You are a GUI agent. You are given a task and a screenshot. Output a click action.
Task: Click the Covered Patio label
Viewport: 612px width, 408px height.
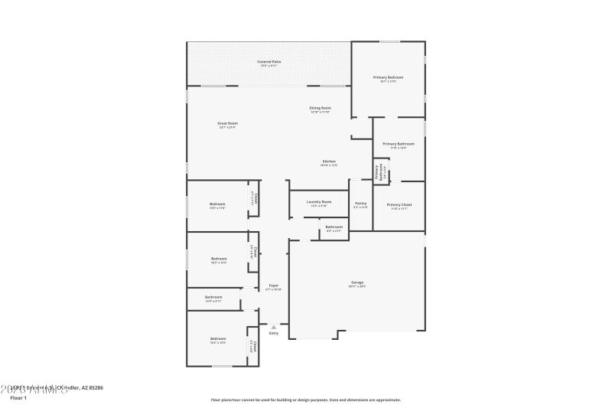click(x=269, y=61)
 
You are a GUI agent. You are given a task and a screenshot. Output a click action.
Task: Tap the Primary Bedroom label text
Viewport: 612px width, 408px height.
click(x=388, y=77)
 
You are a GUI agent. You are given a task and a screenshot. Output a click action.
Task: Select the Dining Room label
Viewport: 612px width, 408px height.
click(x=320, y=108)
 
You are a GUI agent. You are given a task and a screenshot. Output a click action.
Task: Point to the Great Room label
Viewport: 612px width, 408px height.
click(x=227, y=123)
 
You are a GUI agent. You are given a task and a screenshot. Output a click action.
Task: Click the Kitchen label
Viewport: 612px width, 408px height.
click(x=329, y=162)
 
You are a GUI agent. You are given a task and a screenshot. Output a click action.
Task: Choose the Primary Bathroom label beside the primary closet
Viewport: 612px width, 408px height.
click(x=399, y=144)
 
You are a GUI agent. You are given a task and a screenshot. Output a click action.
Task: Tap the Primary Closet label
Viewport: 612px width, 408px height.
click(x=399, y=204)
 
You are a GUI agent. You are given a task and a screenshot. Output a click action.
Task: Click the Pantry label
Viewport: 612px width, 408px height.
click(x=360, y=204)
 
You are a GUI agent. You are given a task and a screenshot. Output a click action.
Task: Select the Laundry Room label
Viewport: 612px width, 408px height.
click(x=318, y=202)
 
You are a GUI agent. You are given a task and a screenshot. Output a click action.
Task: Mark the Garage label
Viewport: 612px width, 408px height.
click(x=357, y=282)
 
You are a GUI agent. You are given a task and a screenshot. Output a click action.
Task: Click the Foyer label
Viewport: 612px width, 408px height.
click(x=273, y=286)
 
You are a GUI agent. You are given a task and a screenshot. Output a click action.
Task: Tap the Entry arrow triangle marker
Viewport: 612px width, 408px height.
click(x=273, y=327)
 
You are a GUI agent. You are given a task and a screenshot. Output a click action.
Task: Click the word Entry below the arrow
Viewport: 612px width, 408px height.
click(x=273, y=334)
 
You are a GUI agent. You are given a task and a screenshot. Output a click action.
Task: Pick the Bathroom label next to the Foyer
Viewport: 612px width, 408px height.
click(x=213, y=297)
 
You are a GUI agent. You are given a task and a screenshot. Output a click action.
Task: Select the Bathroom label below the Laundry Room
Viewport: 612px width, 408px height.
click(x=334, y=227)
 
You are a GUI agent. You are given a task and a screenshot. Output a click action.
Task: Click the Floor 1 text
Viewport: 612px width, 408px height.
click(x=18, y=398)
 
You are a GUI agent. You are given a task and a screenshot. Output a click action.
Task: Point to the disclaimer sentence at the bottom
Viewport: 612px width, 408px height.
click(x=306, y=400)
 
